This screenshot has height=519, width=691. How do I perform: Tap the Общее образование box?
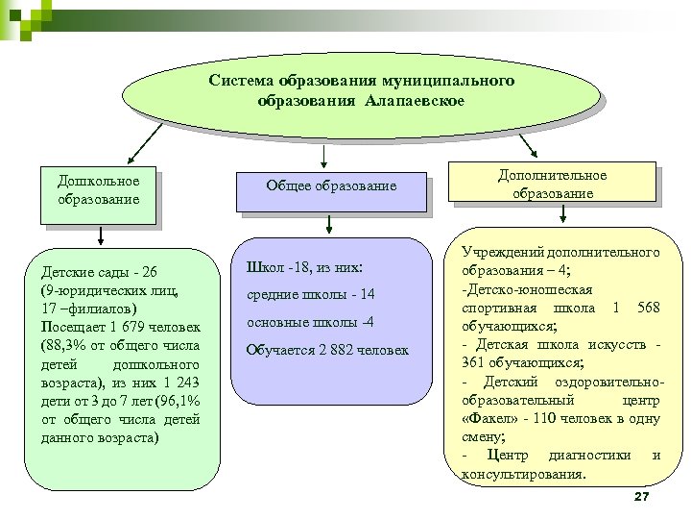click(332, 186)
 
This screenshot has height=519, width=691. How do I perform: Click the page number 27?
click(642, 495)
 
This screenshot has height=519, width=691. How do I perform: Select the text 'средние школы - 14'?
click(310, 294)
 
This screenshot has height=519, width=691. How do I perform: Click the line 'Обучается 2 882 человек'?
click(327, 350)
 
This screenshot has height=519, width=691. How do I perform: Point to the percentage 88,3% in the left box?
click(71, 346)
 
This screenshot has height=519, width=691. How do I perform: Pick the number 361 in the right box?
click(477, 362)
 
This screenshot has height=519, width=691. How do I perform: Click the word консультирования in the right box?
click(522, 473)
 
